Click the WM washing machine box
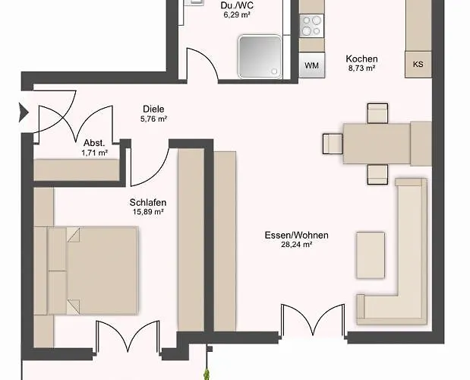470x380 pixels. (312, 65)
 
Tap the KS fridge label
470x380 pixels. (418, 64)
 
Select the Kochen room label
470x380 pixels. (361, 59)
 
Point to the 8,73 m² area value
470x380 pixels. (361, 68)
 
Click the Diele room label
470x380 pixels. (153, 109)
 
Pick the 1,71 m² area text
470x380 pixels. (95, 153)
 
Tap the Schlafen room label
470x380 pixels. (148, 202)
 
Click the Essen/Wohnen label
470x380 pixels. (296, 235)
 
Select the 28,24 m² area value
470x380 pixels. (296, 245)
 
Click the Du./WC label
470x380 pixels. (237, 5)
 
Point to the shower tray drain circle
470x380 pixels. (274, 71)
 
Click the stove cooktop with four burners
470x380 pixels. (312, 26)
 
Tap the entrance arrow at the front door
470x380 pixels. (24, 112)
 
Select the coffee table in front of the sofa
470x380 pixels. (371, 255)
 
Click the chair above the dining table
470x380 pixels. (377, 113)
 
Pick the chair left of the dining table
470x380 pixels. (333, 144)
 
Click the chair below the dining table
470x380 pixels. (377, 174)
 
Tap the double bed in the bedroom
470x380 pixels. (93, 271)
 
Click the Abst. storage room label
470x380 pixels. (94, 143)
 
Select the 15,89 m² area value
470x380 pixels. (148, 212)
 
